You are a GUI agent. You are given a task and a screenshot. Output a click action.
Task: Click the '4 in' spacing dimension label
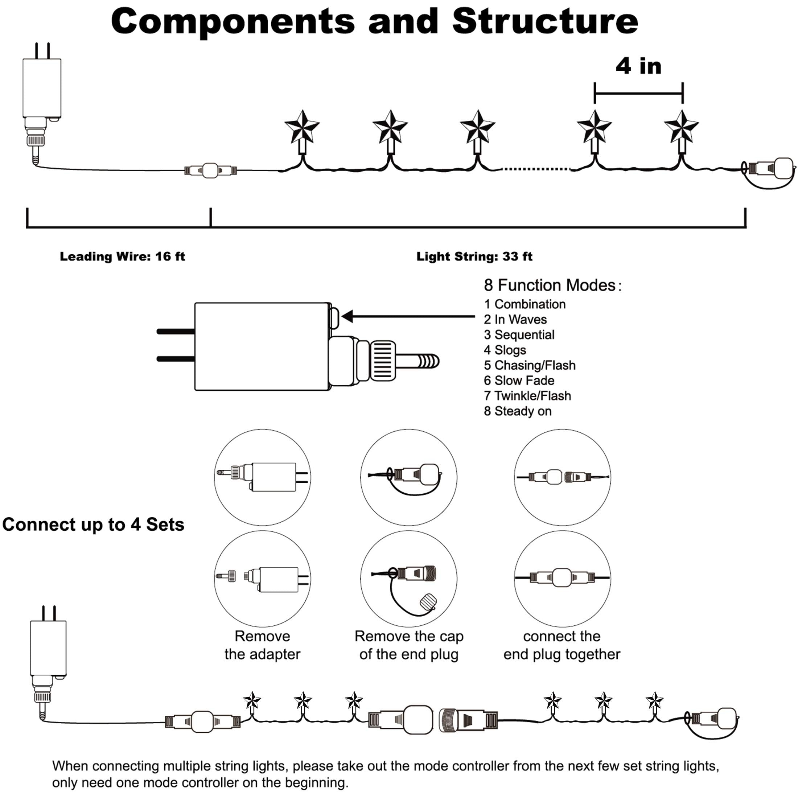pos(638,66)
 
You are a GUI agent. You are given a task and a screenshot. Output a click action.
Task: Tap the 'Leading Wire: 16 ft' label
pos(122,256)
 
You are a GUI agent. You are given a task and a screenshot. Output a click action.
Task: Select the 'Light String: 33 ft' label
pos(474,256)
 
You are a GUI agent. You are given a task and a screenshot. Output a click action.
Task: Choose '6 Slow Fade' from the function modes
pos(519,381)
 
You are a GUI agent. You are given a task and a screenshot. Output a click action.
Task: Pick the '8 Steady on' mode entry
pos(518,411)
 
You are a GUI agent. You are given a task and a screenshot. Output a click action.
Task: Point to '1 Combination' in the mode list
pos(525,304)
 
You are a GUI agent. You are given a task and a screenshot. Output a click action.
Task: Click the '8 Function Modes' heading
pos(552,285)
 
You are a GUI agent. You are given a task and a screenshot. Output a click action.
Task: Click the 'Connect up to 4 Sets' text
pos(93,525)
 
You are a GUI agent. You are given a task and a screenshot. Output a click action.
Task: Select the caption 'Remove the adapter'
pos(262,645)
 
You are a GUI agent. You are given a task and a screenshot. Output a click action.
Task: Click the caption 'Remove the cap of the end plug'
pos(409,645)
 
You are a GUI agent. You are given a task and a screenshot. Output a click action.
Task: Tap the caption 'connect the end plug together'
pos(562,645)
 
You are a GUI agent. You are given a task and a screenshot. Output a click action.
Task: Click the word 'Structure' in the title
pos(545,21)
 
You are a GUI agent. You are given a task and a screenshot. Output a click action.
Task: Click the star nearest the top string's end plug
pos(682,127)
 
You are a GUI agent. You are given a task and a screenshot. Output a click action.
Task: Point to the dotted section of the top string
pos(536,169)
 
